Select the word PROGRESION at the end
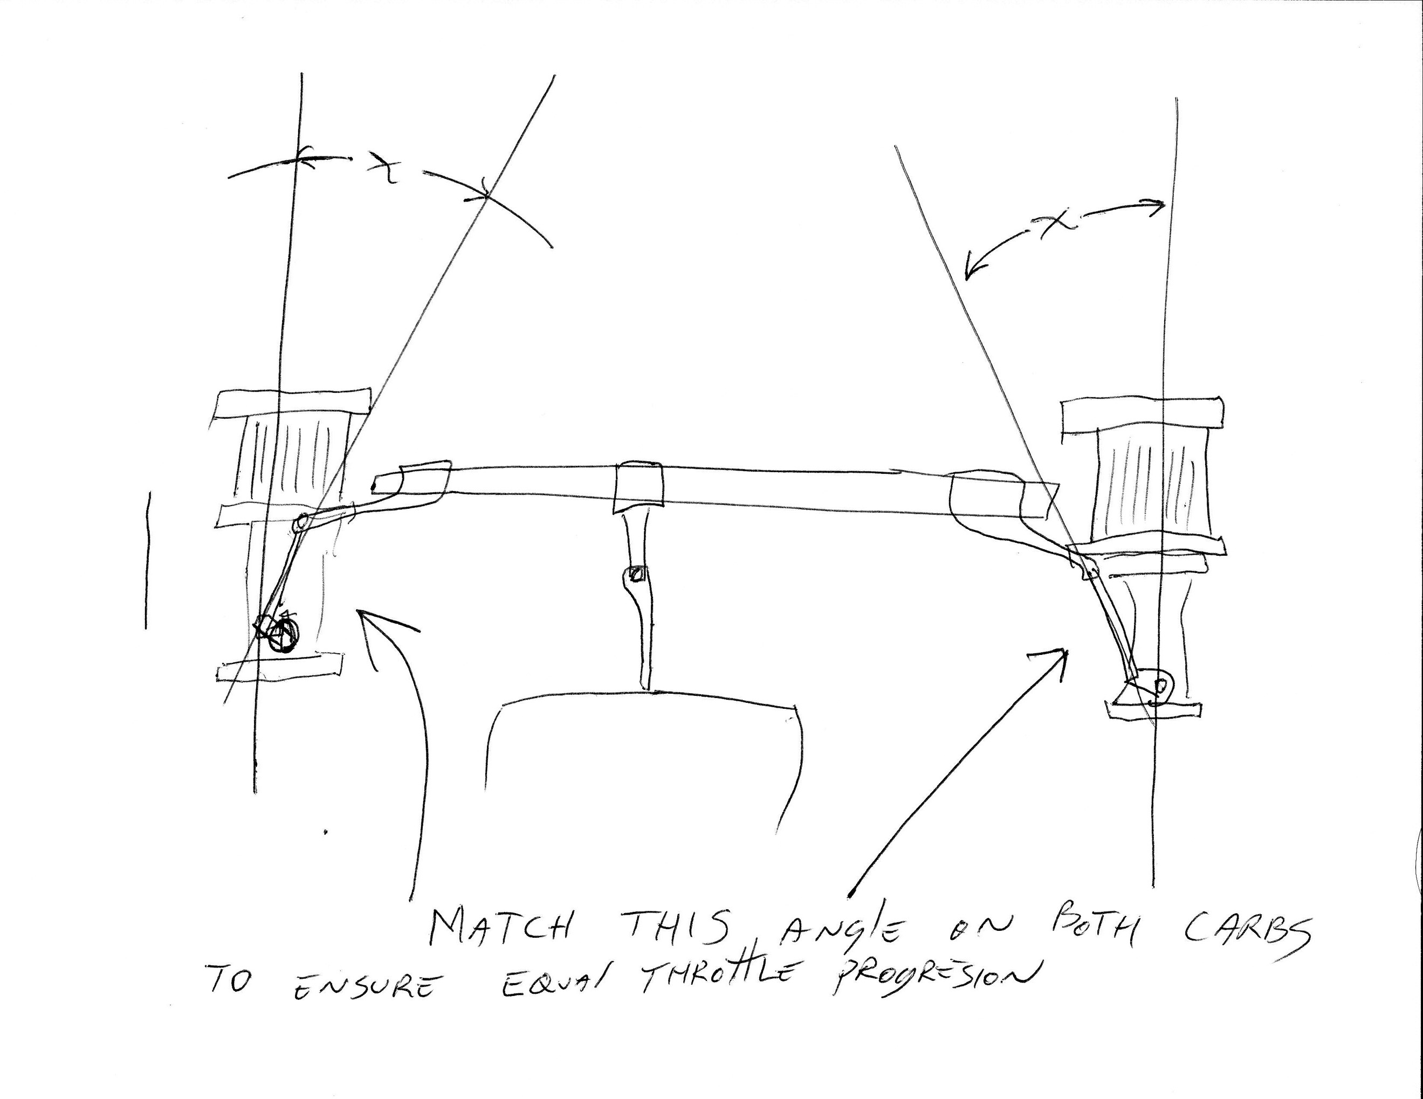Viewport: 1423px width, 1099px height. click(x=933, y=984)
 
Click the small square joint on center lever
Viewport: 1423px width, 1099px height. click(x=635, y=575)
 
